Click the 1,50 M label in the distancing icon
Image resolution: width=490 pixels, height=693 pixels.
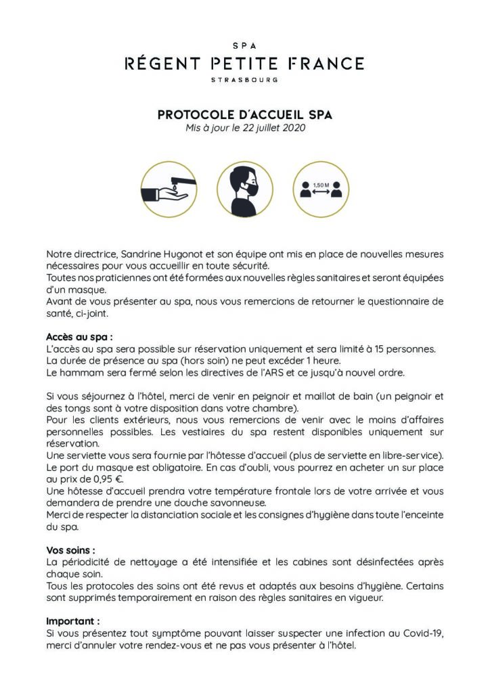(x=321, y=183)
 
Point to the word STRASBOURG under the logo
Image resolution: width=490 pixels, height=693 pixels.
(x=245, y=79)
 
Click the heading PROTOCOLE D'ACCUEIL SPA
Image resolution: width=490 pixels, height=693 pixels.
(x=244, y=116)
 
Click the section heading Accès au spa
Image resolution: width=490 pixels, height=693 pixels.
(x=79, y=336)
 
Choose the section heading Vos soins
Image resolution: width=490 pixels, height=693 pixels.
(x=70, y=550)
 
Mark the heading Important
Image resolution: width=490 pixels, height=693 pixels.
(x=73, y=620)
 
